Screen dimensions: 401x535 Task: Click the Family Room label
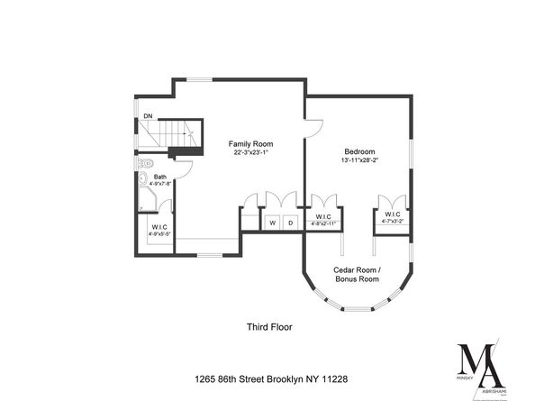[x=249, y=144]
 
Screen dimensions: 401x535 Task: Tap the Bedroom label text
[x=359, y=151]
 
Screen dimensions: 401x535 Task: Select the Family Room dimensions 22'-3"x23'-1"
[x=249, y=153]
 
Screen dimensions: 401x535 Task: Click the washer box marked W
[x=272, y=222]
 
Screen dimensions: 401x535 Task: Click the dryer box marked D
[x=290, y=222]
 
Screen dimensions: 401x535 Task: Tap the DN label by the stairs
[x=148, y=117]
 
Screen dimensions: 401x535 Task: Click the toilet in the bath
[x=146, y=165]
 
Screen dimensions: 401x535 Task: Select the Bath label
[x=160, y=177]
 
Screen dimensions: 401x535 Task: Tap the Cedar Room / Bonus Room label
[x=358, y=275]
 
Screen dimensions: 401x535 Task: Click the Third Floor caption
[x=269, y=327]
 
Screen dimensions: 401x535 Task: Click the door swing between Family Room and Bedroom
[x=313, y=129]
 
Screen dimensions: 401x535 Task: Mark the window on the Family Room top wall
[x=200, y=80]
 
